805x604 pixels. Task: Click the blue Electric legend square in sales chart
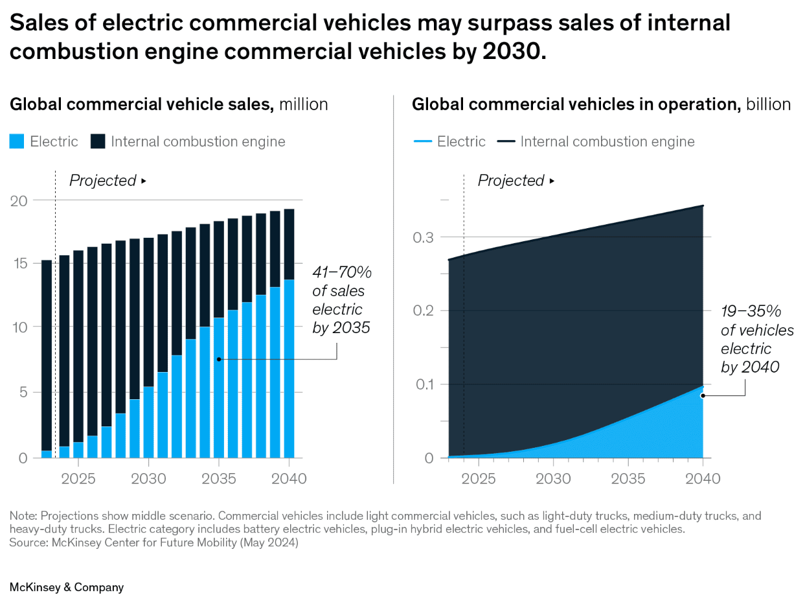[17, 141]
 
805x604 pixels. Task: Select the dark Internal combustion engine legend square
[98, 141]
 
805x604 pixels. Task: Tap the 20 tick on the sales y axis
[19, 200]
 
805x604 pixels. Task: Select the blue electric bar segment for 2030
[148, 422]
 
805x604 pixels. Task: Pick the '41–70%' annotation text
[342, 272]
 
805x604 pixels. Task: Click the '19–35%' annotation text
[751, 312]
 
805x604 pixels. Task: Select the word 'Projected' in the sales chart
[102, 181]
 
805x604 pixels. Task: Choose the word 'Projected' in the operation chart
[511, 181]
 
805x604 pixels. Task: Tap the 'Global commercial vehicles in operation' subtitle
[576, 104]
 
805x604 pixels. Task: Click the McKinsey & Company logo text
[66, 587]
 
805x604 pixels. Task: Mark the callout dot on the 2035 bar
[219, 358]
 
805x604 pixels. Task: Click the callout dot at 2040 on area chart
[703, 394]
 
